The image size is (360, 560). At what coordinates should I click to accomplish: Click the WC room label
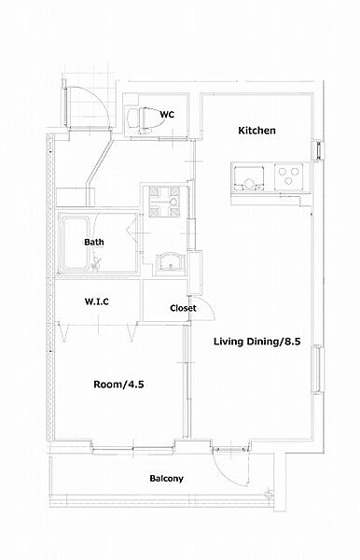[167, 115]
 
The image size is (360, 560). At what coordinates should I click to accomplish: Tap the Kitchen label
[256, 131]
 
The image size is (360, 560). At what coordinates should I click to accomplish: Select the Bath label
[94, 242]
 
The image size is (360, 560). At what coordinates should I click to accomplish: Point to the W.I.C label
[97, 301]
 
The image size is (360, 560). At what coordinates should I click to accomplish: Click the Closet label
[183, 308]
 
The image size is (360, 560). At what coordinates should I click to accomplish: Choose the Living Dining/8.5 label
[256, 342]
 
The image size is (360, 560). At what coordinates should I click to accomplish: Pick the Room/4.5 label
[118, 385]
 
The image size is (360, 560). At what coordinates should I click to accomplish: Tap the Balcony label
[166, 478]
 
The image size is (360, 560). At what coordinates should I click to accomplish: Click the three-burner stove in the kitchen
[288, 176]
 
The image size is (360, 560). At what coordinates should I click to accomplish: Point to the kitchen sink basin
[249, 178]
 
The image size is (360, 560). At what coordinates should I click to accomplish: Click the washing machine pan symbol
[164, 202]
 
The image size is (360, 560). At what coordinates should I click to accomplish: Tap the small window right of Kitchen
[319, 150]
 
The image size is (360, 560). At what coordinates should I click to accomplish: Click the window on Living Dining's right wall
[318, 370]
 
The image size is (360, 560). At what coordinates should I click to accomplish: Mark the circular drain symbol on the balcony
[268, 495]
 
